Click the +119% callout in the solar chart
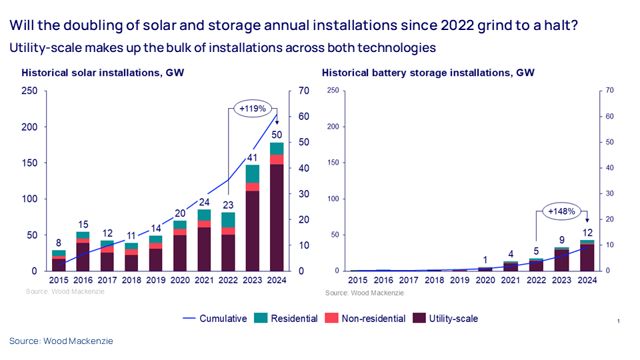(253, 107)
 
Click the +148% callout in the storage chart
(562, 212)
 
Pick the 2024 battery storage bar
(587, 256)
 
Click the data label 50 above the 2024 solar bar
(276, 136)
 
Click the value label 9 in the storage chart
(563, 240)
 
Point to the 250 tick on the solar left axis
(31, 91)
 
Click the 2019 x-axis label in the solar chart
(155, 280)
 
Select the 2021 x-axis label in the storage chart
(510, 280)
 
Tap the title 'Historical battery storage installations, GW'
(428, 73)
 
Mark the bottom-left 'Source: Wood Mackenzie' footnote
(61, 341)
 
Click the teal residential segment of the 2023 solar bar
(252, 173)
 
